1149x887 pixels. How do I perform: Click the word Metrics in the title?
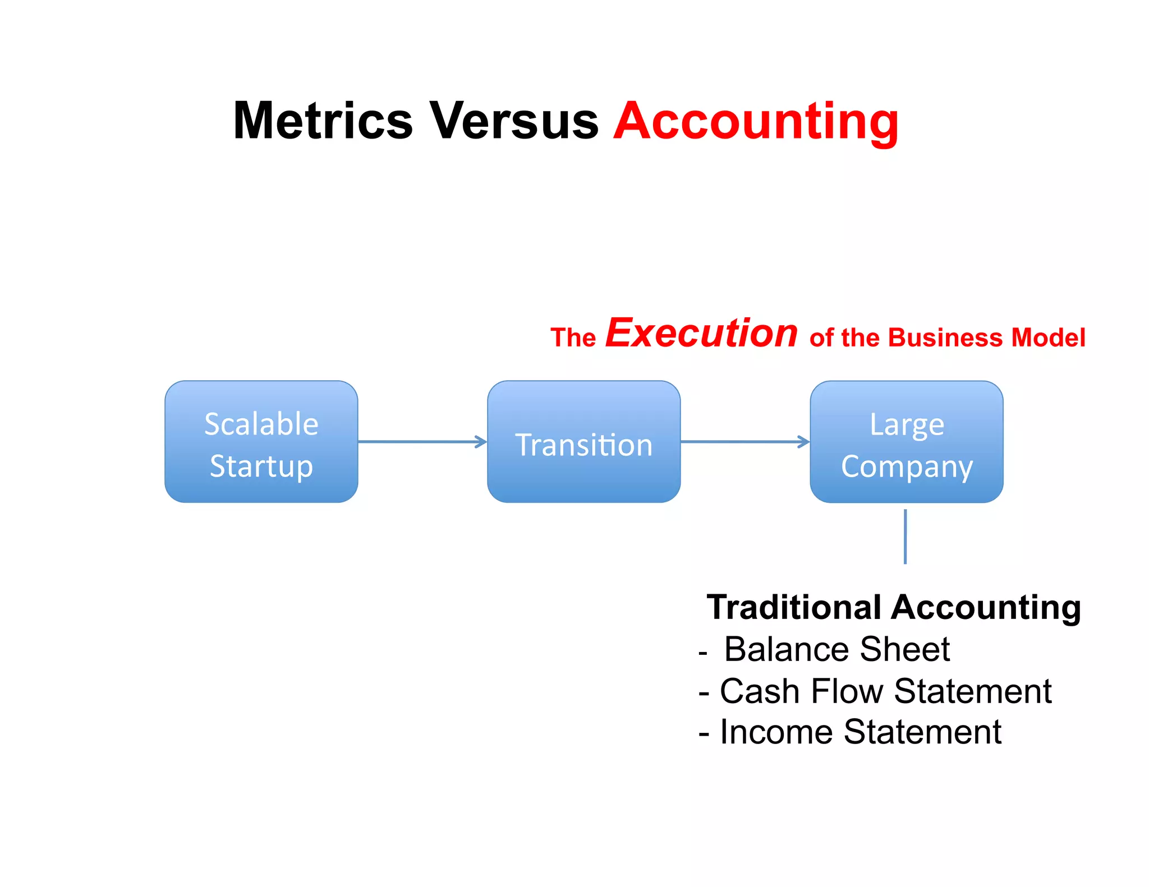tap(323, 121)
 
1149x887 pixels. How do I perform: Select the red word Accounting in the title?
tap(756, 121)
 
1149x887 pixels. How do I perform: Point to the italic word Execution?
tap(701, 334)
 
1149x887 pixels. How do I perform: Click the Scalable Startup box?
tap(261, 442)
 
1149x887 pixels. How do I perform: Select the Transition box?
tap(583, 442)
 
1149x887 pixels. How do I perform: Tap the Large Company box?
tap(906, 442)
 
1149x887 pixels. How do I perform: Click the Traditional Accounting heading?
tap(893, 607)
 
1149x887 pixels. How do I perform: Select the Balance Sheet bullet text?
tap(837, 649)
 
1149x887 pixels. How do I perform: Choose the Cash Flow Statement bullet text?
tap(885, 691)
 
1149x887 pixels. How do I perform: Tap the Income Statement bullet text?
tap(860, 732)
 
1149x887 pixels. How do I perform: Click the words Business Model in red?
tap(987, 338)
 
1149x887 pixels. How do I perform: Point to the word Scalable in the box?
tap(261, 424)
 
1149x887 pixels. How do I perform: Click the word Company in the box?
tap(907, 466)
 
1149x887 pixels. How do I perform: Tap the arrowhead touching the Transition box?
tap(481, 442)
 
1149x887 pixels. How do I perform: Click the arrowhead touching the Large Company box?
tap(804, 442)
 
